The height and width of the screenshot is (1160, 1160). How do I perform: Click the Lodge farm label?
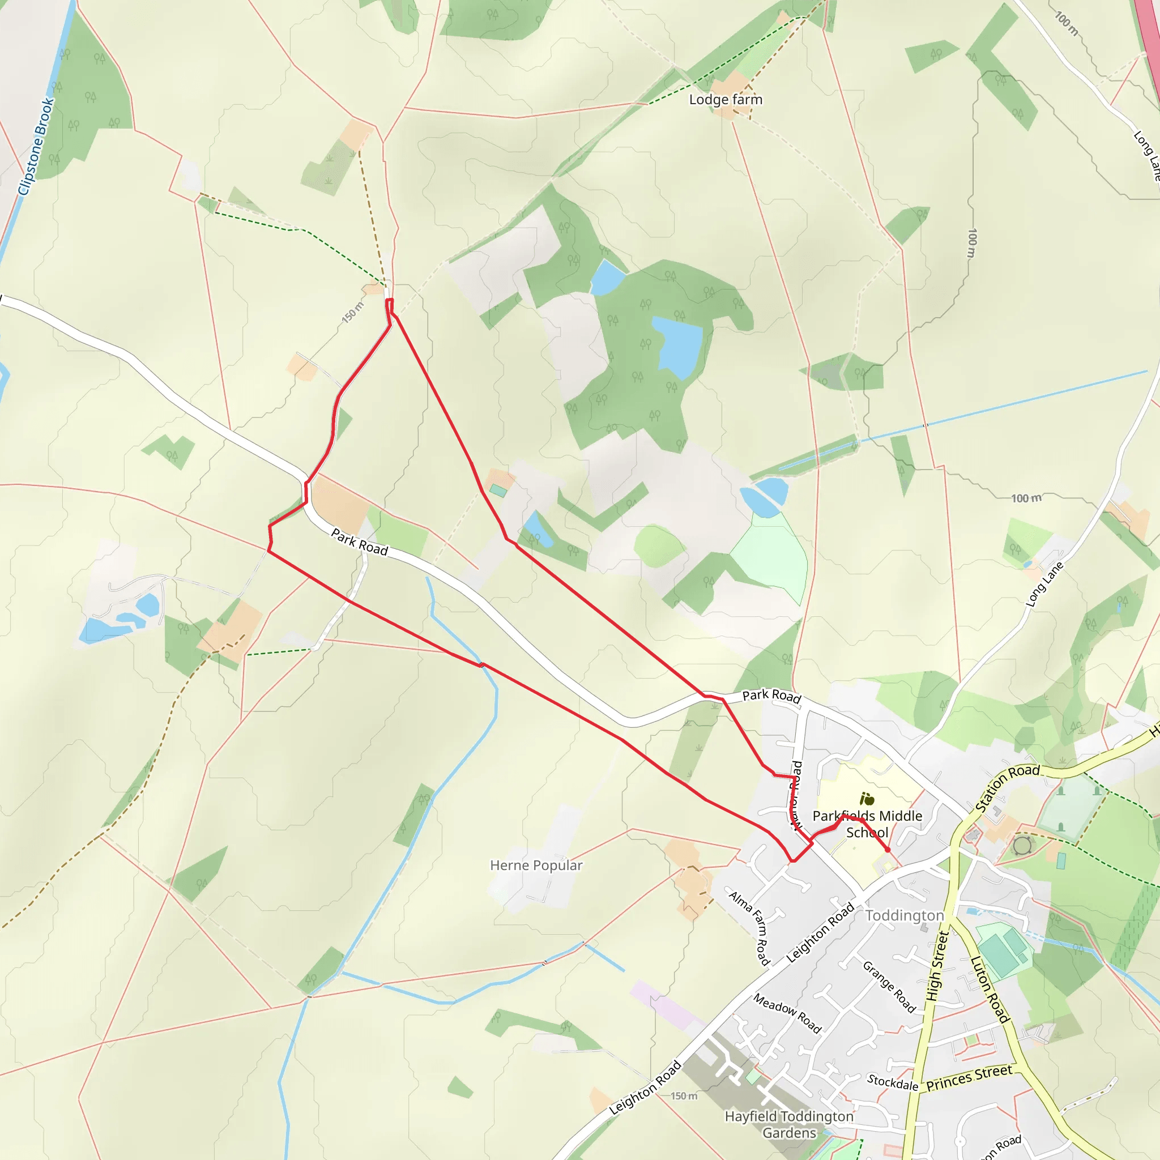coord(726,100)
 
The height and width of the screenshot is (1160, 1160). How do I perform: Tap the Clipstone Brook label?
coord(36,147)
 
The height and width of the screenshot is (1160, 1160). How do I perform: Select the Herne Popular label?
coord(536,865)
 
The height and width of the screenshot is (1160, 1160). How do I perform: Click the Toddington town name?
coord(904,916)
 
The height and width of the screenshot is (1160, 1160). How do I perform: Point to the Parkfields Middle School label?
coord(867,824)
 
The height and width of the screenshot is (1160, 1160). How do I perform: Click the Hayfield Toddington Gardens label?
coord(789,1124)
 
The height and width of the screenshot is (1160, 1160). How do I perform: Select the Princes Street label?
coord(969,1078)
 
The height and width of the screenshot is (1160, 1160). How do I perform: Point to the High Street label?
coord(937,966)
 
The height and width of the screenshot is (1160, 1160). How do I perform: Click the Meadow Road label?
coord(787,1013)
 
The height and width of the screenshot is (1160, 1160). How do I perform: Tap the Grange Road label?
coord(889,987)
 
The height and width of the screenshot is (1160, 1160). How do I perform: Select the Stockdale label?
coord(892,1082)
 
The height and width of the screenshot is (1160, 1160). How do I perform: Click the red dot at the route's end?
coord(888,850)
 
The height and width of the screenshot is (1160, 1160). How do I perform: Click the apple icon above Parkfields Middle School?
coord(867,799)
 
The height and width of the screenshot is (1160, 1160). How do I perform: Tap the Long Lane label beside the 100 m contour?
coord(1044,584)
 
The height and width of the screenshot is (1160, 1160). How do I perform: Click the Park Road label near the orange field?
coord(360,541)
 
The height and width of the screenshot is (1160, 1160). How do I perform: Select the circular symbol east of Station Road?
coord(1022,846)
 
